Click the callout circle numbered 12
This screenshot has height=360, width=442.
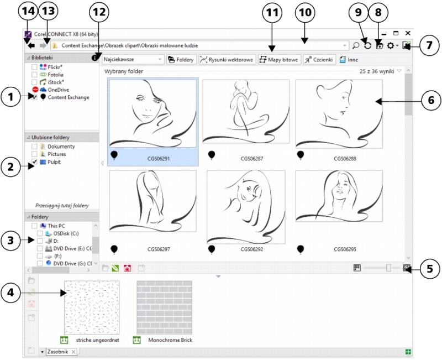[99, 12]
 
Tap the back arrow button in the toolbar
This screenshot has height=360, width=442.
[31, 45]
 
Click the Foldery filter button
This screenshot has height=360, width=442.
[181, 60]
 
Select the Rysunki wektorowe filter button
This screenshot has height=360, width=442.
[227, 60]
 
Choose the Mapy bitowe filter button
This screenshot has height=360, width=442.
[279, 60]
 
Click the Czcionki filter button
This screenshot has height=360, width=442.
[319, 60]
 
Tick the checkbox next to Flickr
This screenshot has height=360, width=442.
[34, 67]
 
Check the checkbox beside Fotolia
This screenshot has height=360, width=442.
[34, 75]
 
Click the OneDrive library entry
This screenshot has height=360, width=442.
[58, 90]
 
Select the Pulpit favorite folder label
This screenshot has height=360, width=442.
[54, 162]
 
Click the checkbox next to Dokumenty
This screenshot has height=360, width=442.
[34, 147]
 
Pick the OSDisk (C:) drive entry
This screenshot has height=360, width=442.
[66, 233]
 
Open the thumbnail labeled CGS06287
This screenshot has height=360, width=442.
[246, 112]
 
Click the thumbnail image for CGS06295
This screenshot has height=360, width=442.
[339, 196]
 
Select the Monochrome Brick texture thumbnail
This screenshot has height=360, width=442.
[164, 307]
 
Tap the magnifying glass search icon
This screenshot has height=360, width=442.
[356, 45]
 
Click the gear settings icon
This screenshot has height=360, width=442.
[391, 45]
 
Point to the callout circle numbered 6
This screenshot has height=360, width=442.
[431, 100]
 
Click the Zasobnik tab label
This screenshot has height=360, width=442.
[58, 352]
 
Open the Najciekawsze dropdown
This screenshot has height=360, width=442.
[133, 60]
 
